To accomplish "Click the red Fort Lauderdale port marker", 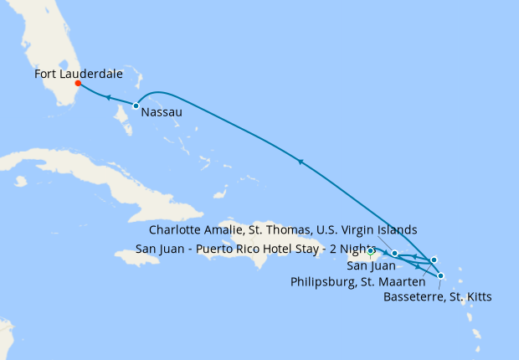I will tap(78, 84).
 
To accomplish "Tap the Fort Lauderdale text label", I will tap(79, 74).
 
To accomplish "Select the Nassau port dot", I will tap(136, 105).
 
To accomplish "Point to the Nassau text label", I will tap(161, 111).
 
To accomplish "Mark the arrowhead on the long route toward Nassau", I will tap(299, 161).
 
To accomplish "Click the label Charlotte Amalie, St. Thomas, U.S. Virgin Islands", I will tap(282, 229).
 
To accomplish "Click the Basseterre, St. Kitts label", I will tap(436, 296).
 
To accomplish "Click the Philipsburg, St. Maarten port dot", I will tap(434, 260).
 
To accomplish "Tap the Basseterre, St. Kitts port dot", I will tap(440, 275).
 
